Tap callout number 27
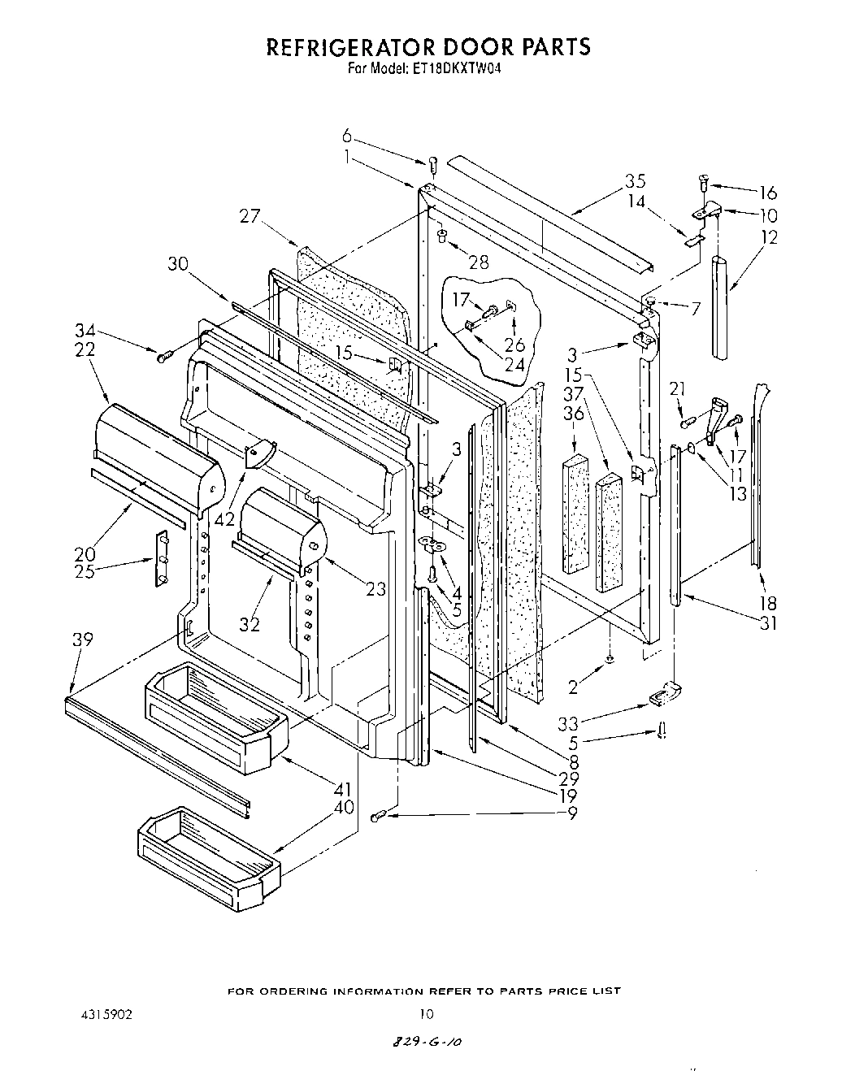pos(250,215)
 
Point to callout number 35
pos(635,180)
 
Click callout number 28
pos(479,262)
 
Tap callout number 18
pos(768,603)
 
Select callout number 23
pos(375,590)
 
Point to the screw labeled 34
pos(166,355)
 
